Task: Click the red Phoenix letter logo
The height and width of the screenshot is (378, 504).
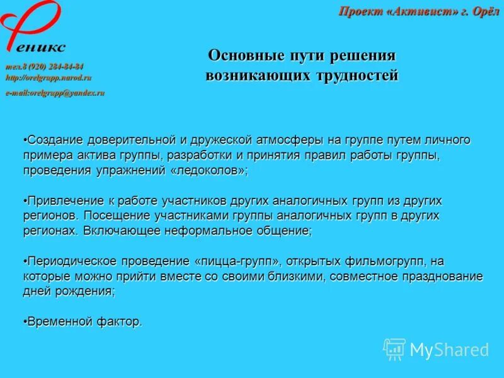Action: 28,25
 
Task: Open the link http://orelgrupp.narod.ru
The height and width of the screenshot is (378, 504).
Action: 49,77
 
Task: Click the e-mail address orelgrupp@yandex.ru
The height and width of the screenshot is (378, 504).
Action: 55,93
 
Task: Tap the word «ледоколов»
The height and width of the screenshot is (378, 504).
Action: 209,171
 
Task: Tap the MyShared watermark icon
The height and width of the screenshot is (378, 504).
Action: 394,348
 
